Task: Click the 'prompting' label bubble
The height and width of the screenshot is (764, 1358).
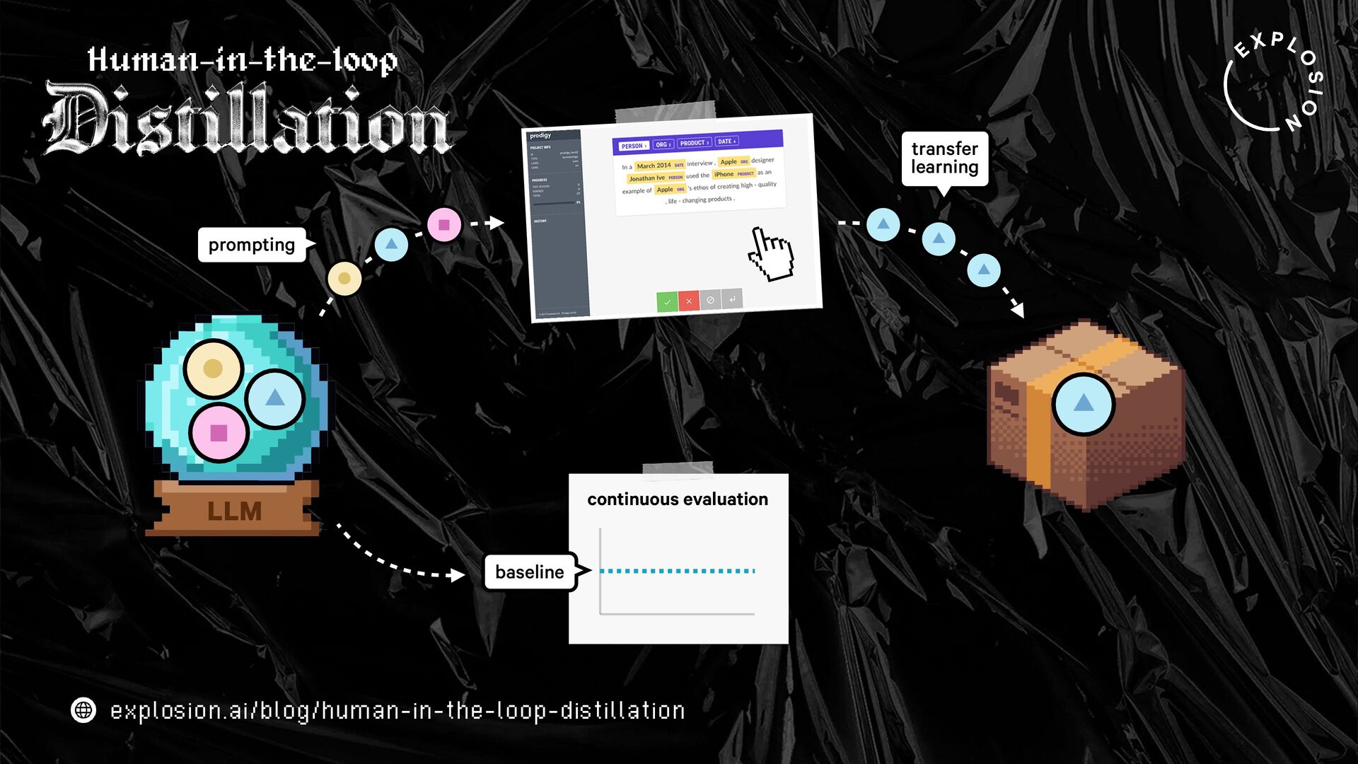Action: point(252,245)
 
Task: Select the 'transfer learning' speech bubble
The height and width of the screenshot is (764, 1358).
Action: point(944,158)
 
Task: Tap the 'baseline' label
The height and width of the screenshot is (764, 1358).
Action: point(530,572)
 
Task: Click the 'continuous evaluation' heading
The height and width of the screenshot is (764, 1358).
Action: point(677,499)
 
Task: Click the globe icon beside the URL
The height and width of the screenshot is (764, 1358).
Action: point(83,710)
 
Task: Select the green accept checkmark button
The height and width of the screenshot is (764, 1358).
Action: point(666,302)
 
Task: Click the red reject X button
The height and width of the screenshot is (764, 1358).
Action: point(688,301)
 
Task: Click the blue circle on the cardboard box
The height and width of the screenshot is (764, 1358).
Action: point(1083,404)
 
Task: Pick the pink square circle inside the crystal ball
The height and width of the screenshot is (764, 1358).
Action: point(219,433)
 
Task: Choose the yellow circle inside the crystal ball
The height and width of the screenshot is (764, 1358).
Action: point(213,368)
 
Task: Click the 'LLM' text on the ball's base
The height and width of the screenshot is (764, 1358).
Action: point(234,511)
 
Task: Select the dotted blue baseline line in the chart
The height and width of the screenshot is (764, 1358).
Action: point(677,571)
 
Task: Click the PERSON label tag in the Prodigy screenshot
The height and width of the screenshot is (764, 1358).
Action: point(632,146)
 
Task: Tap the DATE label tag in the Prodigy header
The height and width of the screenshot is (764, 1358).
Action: point(726,141)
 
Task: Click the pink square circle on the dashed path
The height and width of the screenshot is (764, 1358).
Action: point(444,225)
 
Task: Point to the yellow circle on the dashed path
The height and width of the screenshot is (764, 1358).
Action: point(344,279)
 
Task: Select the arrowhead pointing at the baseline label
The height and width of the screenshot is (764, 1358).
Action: point(458,575)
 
